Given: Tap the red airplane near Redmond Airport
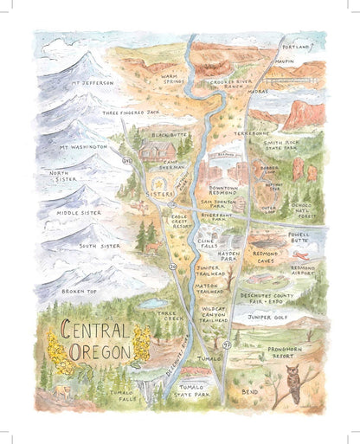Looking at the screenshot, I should [x=299, y=255].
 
